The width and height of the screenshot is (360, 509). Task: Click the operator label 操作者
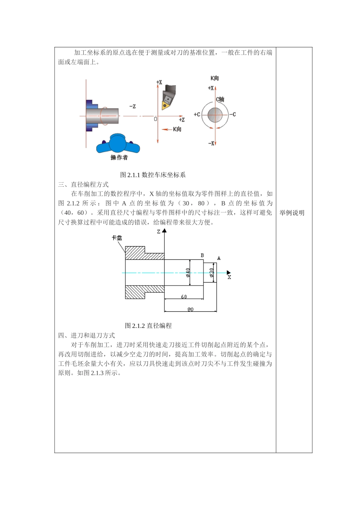[119, 158]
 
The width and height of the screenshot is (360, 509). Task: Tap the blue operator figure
[118, 143]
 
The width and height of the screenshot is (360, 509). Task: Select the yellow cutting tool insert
[166, 104]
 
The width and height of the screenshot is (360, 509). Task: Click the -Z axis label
[132, 106]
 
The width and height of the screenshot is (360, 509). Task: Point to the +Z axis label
[182, 120]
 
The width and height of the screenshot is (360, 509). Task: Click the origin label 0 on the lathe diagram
[155, 119]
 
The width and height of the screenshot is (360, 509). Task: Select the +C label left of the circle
[197, 114]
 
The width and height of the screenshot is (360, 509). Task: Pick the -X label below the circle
[211, 143]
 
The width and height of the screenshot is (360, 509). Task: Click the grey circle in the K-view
[215, 114]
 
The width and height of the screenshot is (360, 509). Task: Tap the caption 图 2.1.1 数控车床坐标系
[153, 175]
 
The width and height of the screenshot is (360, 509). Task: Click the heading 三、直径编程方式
[83, 184]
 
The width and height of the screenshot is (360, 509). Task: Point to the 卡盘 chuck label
[117, 238]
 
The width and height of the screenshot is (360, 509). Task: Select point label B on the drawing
[202, 256]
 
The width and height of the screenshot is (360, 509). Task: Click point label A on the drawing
[219, 258]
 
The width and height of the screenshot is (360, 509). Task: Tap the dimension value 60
[184, 297]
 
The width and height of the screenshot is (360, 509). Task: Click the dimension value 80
[190, 309]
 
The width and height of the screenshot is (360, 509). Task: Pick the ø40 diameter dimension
[188, 272]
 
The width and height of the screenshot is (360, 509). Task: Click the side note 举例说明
[292, 213]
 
